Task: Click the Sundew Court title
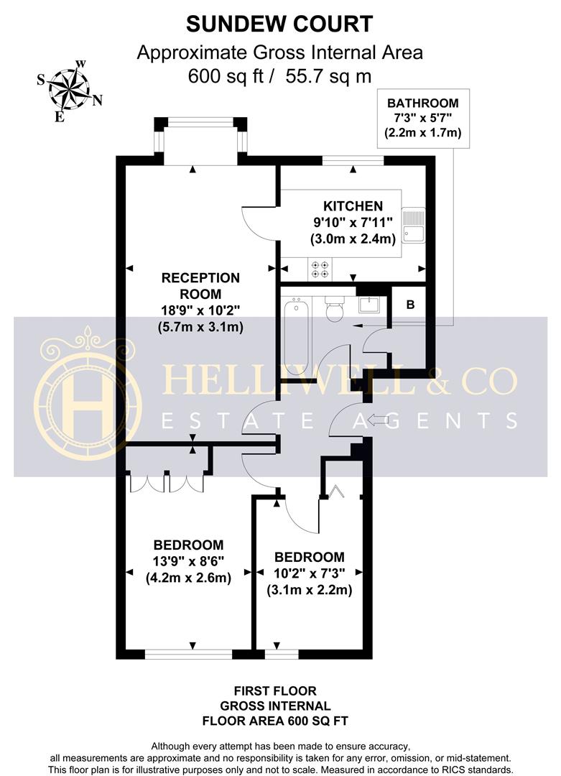pos(279,24)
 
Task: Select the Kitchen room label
pos(353,206)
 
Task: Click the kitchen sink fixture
pos(414,225)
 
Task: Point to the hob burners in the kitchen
pos(320,269)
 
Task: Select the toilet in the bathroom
pos(335,309)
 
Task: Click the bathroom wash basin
pos(369,305)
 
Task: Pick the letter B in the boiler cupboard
pos(410,305)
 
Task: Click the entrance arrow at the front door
pos(378,421)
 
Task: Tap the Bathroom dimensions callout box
pos(423,119)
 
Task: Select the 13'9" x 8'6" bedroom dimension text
pos(188,561)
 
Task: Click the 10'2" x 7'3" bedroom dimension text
pos(309,573)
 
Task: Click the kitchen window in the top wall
pos(353,160)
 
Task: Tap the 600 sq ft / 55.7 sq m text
pos(279,76)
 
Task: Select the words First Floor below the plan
pos(275,691)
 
